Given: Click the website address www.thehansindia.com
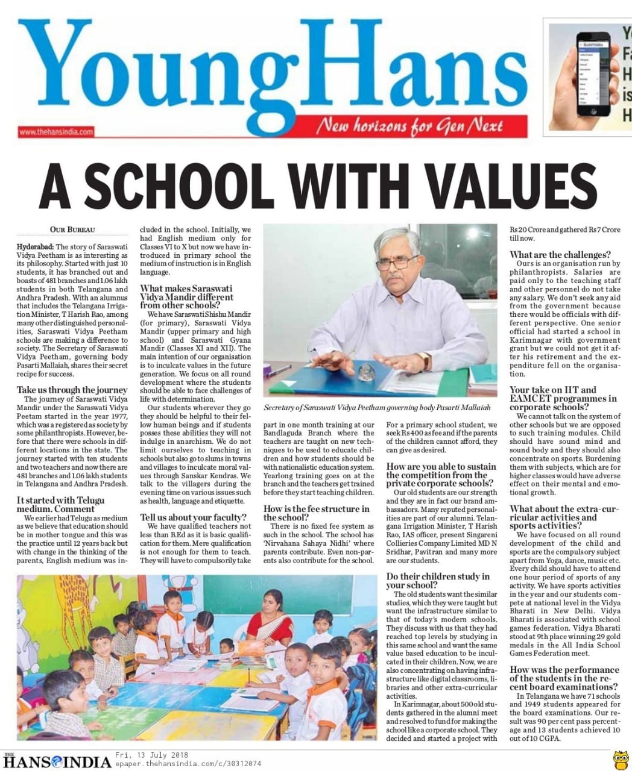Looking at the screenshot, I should (55, 131).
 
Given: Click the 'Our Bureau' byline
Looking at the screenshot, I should (72, 229).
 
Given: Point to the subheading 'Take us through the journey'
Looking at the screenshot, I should (72, 390).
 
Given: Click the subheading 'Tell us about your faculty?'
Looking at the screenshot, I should (193, 517).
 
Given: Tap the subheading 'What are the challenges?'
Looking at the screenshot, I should (560, 254).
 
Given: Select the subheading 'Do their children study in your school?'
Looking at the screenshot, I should (438, 581).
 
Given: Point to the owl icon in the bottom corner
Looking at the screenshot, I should (619, 758).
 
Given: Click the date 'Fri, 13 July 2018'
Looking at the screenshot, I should (152, 755).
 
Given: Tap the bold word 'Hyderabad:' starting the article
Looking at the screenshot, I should (36, 247).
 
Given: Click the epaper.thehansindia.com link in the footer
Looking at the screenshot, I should (188, 763).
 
